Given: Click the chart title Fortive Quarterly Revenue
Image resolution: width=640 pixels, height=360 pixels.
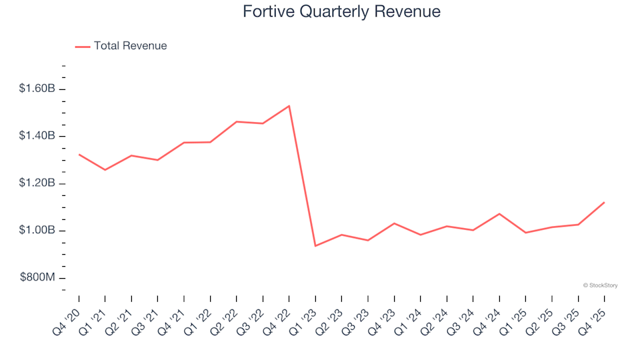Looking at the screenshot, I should [x=341, y=12].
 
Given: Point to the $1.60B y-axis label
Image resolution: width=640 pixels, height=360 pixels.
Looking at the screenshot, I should [x=37, y=89].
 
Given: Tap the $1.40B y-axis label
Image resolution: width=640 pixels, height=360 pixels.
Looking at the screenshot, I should [x=37, y=137].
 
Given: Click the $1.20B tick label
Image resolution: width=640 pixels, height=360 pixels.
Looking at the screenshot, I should [x=37, y=184].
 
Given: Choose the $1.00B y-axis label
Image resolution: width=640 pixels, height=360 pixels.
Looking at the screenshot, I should [x=37, y=231].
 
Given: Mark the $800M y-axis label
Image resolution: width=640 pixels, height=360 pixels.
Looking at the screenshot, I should [x=37, y=278].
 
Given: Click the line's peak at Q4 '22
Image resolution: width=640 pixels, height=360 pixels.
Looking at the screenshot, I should [x=289, y=105].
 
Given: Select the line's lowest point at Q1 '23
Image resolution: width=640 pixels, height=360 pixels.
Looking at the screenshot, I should [x=315, y=246].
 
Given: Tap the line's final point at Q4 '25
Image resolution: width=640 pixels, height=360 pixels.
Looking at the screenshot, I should [x=604, y=202].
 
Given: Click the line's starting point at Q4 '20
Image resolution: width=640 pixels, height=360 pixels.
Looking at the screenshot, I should [x=79, y=154].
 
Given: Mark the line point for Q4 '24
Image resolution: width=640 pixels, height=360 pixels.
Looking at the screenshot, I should [x=499, y=214].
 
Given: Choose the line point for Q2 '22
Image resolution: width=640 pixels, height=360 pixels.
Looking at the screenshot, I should [x=237, y=122].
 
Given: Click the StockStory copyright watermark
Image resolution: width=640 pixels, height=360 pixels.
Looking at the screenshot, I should [x=600, y=285].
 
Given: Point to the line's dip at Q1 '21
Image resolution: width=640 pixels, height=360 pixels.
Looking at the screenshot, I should [x=105, y=170].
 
